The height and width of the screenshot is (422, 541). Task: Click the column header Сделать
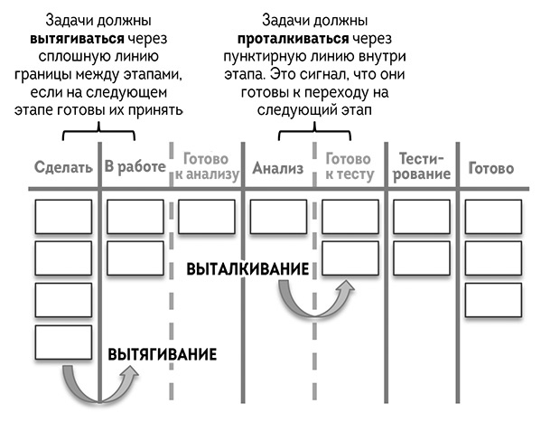(62, 168)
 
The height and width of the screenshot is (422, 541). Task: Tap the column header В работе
(134, 167)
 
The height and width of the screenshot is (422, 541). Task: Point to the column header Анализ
(277, 168)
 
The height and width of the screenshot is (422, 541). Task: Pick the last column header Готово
(491, 168)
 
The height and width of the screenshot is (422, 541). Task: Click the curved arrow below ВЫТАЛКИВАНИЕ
(312, 300)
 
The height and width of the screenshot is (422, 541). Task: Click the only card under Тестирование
(421, 216)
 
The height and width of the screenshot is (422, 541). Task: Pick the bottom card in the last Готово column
(492, 300)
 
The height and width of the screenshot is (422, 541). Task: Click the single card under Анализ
(278, 216)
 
